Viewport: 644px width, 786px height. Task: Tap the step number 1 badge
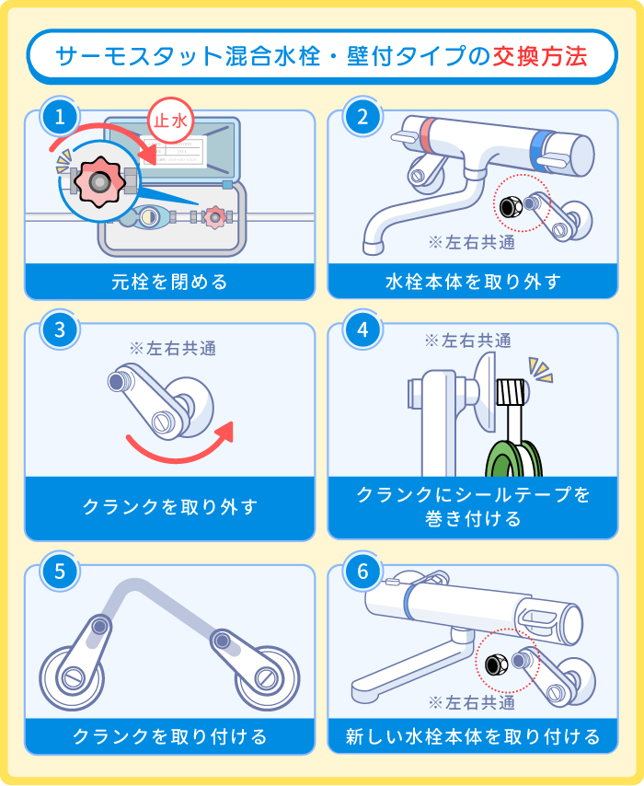click(x=60, y=117)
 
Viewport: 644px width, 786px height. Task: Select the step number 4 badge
click(x=362, y=330)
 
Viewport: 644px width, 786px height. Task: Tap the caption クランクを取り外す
click(x=169, y=506)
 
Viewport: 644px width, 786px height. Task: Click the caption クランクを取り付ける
click(x=169, y=736)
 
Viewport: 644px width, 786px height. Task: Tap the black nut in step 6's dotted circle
click(x=497, y=661)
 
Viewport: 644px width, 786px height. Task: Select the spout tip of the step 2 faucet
click(x=374, y=245)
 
